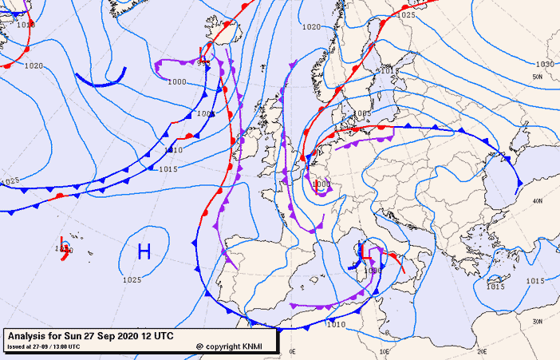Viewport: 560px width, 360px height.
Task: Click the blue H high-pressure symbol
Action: point(144,252)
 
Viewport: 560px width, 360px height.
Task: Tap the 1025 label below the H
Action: point(132,280)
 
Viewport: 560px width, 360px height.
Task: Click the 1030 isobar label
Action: point(545,64)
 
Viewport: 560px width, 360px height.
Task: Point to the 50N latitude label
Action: point(538,77)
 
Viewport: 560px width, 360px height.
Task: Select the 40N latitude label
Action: point(538,201)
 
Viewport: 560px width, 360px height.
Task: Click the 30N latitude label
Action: point(538,321)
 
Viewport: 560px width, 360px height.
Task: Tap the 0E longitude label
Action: point(292,351)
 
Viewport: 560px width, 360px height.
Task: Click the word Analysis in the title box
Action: point(29,335)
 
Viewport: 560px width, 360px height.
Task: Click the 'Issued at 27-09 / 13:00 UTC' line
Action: point(44,346)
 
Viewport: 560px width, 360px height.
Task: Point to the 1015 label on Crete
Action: point(496,286)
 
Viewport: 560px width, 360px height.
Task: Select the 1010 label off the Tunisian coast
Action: point(337,324)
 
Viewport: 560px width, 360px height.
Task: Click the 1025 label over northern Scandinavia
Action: point(406,15)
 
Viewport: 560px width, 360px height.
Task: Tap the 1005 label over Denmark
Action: point(363,113)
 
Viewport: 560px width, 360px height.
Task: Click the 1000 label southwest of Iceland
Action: point(177,81)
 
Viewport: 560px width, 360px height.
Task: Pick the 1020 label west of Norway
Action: point(311,27)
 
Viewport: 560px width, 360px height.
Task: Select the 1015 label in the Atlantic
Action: point(168,169)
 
